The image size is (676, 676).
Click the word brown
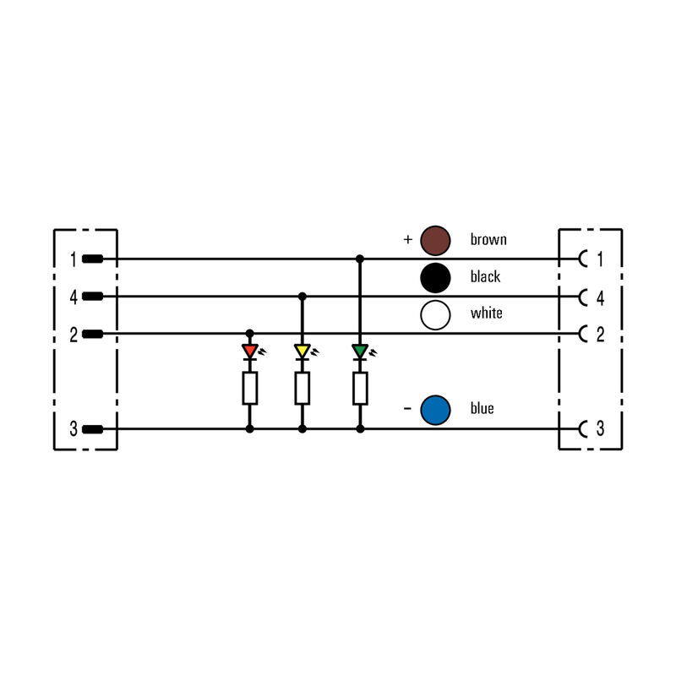click(x=488, y=240)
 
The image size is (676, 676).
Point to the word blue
click(x=482, y=409)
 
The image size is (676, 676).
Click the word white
click(x=487, y=313)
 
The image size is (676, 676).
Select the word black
click(x=485, y=277)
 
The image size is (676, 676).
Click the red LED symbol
click(x=249, y=351)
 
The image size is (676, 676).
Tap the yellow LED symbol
click(x=303, y=351)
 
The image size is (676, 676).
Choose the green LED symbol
click(x=360, y=351)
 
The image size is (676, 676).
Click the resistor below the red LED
click(x=249, y=389)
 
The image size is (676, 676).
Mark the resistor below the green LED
click(x=360, y=389)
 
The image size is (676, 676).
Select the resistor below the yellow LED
click(x=303, y=389)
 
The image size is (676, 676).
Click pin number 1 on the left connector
click(x=74, y=259)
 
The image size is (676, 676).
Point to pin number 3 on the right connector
click(x=600, y=429)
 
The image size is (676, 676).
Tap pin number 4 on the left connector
click(x=74, y=297)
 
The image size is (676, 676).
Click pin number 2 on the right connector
click(x=600, y=335)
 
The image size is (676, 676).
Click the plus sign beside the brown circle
click(x=407, y=240)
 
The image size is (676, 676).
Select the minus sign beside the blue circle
click(x=407, y=409)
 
